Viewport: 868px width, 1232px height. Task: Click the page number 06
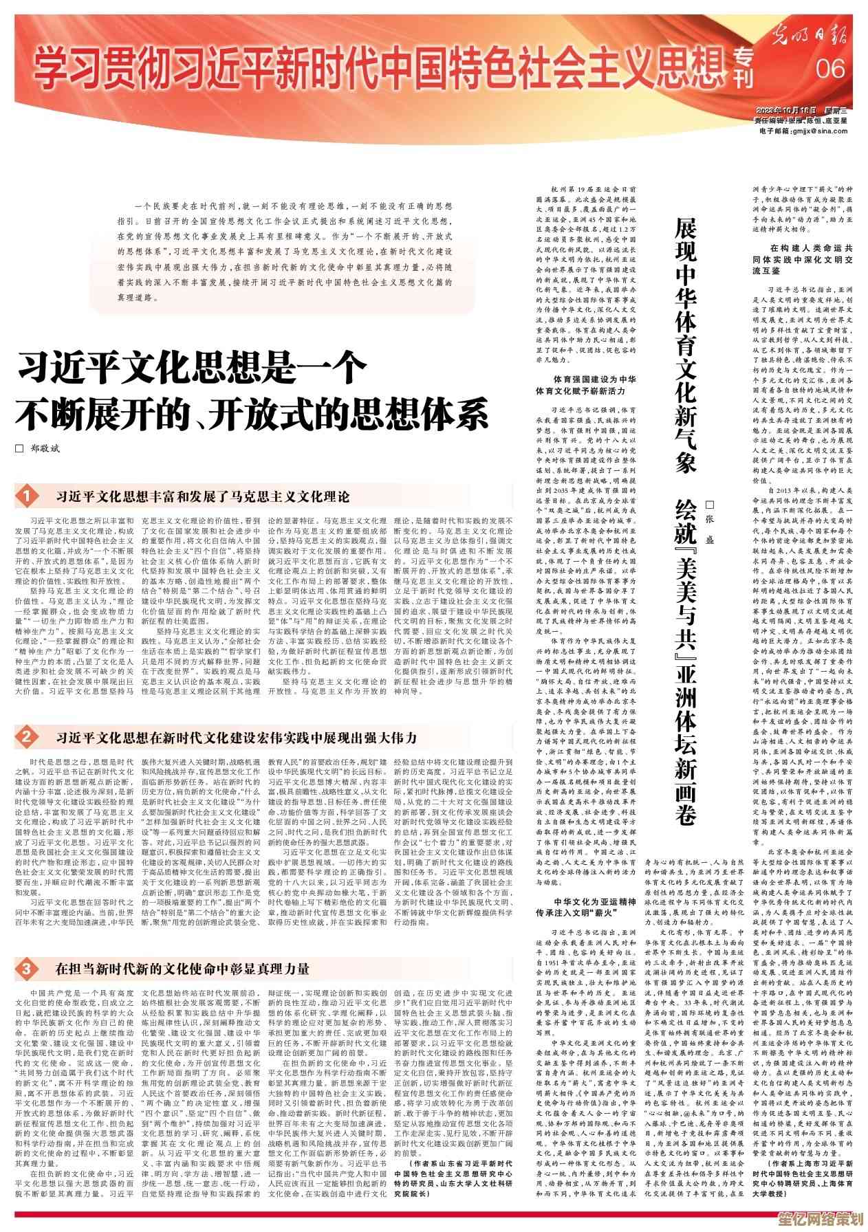(829, 67)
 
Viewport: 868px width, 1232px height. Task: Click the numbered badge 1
(26, 496)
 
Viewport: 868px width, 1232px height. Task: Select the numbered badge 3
(26, 969)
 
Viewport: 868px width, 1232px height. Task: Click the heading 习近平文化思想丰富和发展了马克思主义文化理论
(203, 496)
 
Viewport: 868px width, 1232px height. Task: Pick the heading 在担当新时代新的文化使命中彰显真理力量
(183, 969)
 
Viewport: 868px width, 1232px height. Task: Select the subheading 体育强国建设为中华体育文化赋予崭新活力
(585, 384)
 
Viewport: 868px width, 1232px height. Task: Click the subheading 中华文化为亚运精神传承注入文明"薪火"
(585, 907)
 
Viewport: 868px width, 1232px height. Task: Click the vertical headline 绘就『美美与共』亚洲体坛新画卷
(685, 660)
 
